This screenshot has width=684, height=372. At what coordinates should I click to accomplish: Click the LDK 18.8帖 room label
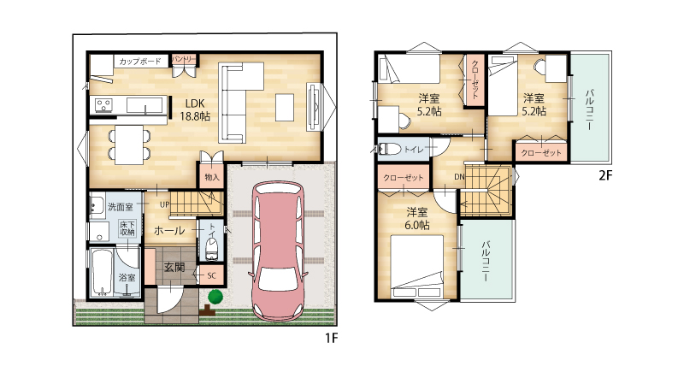tap(195, 109)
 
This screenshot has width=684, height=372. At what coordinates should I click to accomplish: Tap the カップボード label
tap(140, 62)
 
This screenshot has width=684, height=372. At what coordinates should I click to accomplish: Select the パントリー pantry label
tap(184, 59)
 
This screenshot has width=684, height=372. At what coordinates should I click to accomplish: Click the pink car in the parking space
tap(277, 252)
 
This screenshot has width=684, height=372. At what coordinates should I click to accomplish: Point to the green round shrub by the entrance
tap(215, 297)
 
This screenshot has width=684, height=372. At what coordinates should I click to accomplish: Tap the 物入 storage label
tap(212, 177)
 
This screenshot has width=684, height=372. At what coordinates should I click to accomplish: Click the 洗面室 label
tap(121, 206)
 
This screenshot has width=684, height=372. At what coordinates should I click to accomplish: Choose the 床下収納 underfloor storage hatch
tap(127, 228)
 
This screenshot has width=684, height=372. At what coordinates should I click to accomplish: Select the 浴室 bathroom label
tap(127, 277)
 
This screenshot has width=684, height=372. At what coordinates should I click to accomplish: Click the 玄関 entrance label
tap(174, 267)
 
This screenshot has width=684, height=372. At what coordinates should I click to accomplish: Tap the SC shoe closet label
tap(211, 275)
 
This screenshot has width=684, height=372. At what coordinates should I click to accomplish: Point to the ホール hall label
tap(169, 230)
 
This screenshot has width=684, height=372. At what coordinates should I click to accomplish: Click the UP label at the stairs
tap(164, 204)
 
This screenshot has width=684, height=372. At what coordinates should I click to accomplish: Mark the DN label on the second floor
tap(459, 177)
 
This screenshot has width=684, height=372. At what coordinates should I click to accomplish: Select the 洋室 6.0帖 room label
tap(417, 218)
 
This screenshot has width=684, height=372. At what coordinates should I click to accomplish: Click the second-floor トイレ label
tap(414, 150)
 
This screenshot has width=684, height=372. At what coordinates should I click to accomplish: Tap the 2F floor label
tap(605, 175)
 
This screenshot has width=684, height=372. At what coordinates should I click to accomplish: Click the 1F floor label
tap(331, 338)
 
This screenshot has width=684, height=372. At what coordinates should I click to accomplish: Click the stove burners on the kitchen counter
tap(103, 104)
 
